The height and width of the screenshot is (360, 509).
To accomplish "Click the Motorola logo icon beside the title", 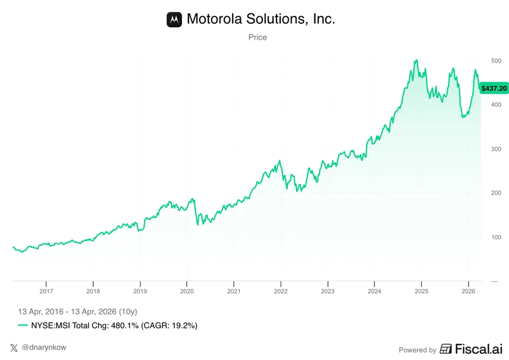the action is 175,19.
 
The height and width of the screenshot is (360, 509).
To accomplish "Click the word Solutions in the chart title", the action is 276,19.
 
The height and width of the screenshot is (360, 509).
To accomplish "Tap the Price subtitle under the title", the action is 257,37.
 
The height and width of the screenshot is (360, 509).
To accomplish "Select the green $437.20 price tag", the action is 494,88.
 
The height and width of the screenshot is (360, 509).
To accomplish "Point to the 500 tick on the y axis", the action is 496,61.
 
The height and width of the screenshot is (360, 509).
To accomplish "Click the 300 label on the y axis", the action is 496,149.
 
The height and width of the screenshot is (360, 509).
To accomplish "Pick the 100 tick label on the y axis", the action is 496,237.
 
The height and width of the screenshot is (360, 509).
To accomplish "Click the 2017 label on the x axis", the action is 46,291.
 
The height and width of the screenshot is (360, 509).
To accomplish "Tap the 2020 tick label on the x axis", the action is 187,291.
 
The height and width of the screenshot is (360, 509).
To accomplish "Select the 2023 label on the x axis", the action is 327,291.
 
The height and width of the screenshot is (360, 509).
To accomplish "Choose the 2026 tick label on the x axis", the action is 469,291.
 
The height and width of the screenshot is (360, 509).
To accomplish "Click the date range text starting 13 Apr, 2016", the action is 78,312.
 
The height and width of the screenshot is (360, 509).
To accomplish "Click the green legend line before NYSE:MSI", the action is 23,326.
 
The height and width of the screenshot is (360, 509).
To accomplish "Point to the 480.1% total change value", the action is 125,326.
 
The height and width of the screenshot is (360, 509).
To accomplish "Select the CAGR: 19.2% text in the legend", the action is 169,326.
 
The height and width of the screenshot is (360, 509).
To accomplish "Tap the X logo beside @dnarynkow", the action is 14,348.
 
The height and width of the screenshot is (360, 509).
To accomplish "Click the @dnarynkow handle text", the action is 44,347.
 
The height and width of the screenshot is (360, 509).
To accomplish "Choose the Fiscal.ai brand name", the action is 478,349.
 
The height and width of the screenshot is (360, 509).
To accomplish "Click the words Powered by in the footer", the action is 417,350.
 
